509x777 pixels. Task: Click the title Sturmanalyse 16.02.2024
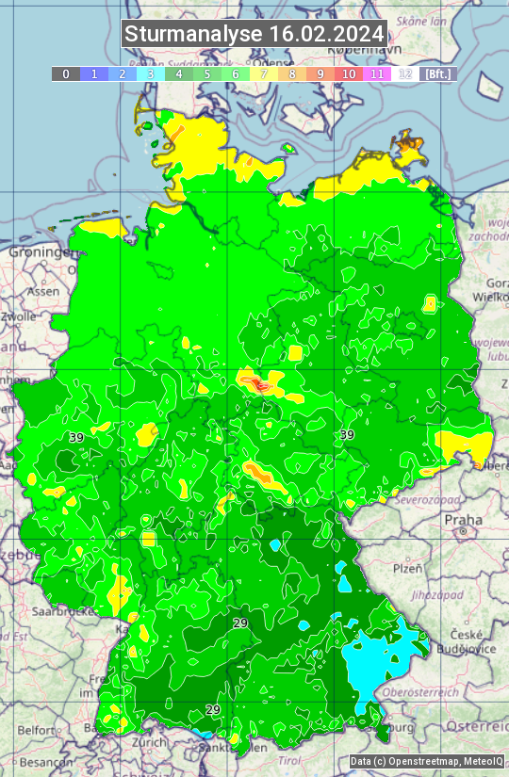[254, 34]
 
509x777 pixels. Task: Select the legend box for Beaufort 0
[66, 73]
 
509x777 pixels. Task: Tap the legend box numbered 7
[264, 73]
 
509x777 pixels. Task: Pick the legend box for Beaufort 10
[349, 73]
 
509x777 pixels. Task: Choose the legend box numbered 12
[405, 73]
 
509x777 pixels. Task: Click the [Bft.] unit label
[438, 73]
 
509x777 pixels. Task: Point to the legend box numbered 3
[151, 73]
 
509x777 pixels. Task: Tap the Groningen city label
[39, 252]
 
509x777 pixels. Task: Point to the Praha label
[463, 520]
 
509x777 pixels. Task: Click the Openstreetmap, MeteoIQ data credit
[426, 762]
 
